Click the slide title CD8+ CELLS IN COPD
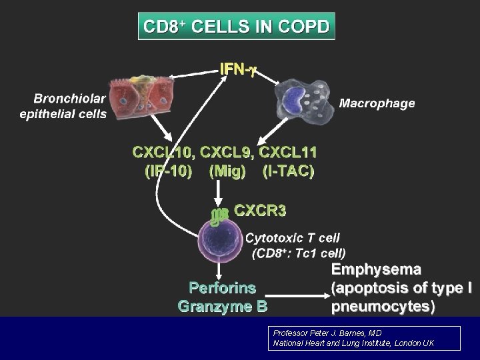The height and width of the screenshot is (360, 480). click(237, 27)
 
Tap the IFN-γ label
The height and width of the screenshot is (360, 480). click(239, 69)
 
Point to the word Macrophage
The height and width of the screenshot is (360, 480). click(377, 103)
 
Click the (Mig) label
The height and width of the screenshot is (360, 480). click(227, 171)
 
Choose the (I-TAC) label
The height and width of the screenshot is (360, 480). click(288, 171)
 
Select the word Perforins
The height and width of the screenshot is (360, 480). click(222, 288)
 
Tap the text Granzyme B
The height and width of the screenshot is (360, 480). click(222, 307)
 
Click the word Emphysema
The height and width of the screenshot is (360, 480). click(376, 270)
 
